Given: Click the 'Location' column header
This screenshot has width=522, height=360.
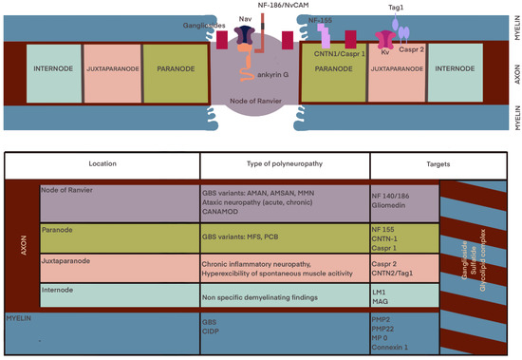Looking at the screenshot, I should (102, 164).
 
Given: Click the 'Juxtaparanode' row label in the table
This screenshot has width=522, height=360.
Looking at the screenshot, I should (69, 256).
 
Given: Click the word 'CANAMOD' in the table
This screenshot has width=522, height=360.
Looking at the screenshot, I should (225, 213).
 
